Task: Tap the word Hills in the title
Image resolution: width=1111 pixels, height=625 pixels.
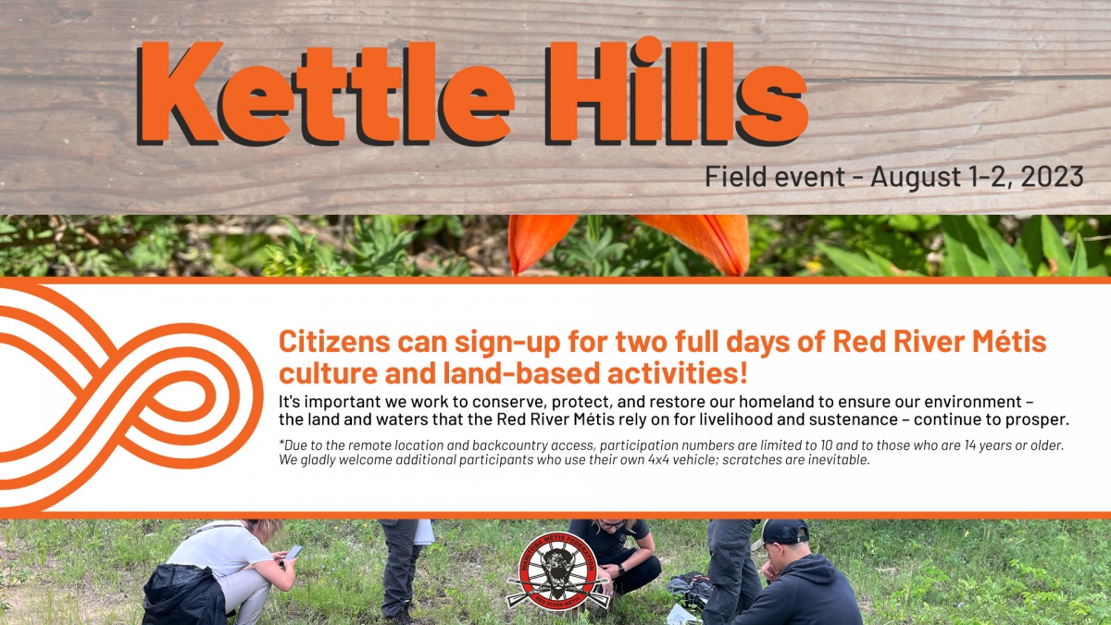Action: tap(677, 92)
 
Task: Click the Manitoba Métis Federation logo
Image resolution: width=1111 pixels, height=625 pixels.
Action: tap(557, 572)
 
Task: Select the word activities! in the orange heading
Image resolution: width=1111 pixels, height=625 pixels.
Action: tap(677, 373)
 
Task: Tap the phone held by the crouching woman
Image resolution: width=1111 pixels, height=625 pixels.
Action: tap(293, 553)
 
